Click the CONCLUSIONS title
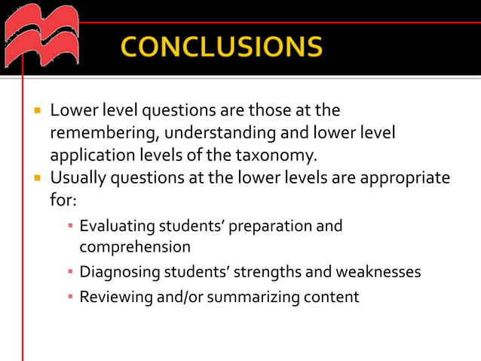click(220, 48)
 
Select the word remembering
click(97, 133)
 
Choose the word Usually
click(78, 178)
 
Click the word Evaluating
click(117, 226)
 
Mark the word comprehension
click(135, 246)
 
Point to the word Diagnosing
click(118, 271)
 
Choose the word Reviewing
click(115, 297)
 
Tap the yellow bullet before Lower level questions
click(35, 111)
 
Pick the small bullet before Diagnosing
click(69, 271)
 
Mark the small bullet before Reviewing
click(69, 297)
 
